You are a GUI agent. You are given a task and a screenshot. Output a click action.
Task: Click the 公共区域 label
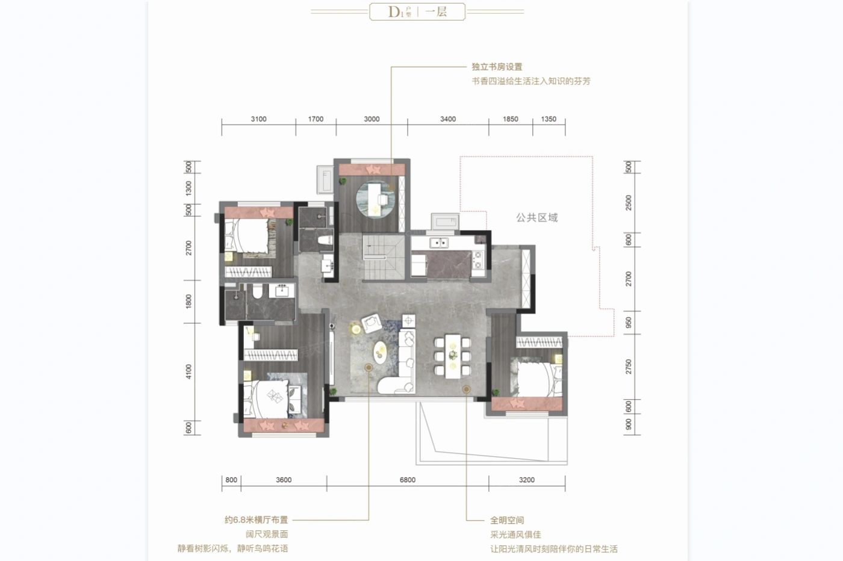(537, 218)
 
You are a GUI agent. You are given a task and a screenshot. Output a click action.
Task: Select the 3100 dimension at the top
(258, 119)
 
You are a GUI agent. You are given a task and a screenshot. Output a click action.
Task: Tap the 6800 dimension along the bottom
(408, 480)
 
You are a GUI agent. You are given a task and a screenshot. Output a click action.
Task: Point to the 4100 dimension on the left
(188, 371)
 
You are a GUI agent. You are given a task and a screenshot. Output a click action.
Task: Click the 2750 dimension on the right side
(629, 367)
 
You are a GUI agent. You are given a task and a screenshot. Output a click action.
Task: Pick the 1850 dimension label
(511, 119)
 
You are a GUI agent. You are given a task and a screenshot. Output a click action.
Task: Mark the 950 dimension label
(629, 323)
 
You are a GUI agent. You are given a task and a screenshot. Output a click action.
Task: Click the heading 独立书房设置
(497, 67)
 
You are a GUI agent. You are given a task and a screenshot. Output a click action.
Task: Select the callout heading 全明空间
(506, 520)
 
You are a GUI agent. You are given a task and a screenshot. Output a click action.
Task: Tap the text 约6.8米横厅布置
(257, 519)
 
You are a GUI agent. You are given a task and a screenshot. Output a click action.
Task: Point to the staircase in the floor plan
(383, 258)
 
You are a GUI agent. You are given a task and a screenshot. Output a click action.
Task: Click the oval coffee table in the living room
(381, 352)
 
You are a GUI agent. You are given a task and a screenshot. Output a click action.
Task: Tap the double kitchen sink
(438, 243)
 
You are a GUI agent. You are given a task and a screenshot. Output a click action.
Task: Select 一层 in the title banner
(437, 11)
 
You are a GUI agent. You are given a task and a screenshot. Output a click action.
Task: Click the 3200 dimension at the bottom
(526, 480)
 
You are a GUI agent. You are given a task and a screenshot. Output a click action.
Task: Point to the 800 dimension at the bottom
(231, 480)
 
